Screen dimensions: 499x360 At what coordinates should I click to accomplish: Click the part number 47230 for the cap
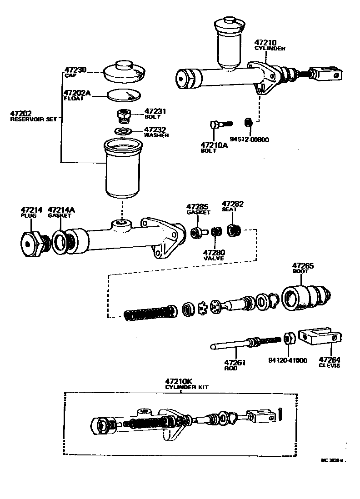[x=75, y=70]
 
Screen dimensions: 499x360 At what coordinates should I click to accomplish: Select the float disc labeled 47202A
[x=124, y=95]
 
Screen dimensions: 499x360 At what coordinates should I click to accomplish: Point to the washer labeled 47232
[x=123, y=131]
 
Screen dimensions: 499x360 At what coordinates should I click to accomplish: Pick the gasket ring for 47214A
[x=60, y=241]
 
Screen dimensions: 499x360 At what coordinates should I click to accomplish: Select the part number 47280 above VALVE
[x=214, y=252]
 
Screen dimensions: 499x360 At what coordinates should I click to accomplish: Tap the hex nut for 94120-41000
[x=288, y=339]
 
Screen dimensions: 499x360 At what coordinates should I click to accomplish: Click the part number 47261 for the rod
[x=235, y=362]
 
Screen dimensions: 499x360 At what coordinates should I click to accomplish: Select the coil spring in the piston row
[x=150, y=312]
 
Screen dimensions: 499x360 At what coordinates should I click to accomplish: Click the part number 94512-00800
[x=250, y=140]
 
